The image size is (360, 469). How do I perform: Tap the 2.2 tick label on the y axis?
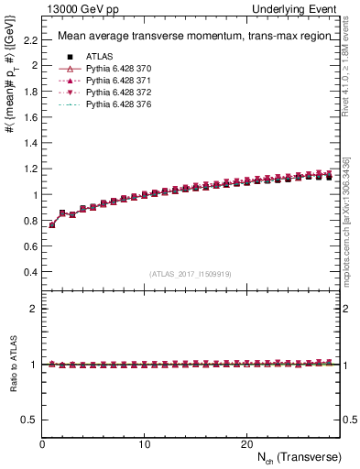point(29,40)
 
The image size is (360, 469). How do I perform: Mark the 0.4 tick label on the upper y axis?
point(29,272)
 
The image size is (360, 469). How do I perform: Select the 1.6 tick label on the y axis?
point(29,117)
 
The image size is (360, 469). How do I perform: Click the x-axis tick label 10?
point(144,444)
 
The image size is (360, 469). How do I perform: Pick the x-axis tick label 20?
point(246,444)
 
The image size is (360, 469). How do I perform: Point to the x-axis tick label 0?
point(42,444)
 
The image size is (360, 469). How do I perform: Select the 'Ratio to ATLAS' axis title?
point(13,365)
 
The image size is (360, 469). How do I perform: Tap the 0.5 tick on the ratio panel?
point(29,420)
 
